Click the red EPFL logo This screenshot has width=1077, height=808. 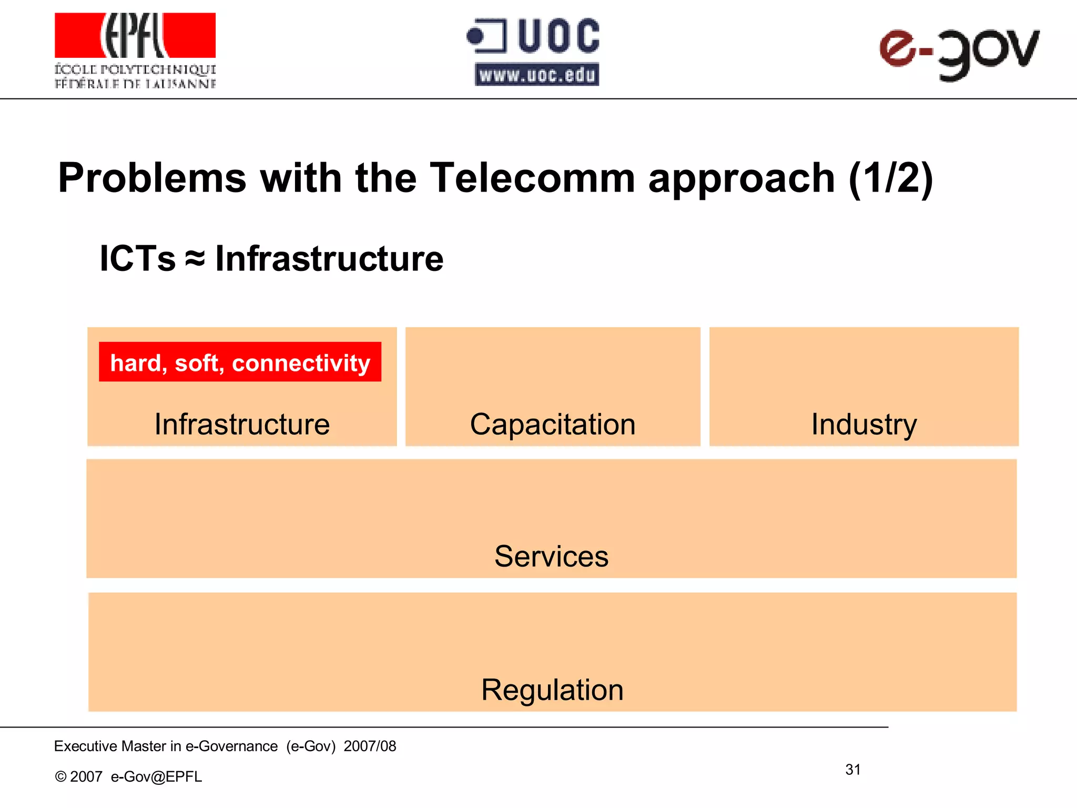click(135, 35)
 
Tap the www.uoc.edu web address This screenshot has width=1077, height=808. click(537, 75)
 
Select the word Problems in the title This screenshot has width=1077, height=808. click(152, 178)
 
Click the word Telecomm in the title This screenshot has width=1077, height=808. click(532, 178)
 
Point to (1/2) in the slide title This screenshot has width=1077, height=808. click(891, 178)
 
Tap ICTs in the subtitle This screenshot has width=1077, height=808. click(137, 259)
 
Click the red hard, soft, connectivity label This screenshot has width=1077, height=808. click(240, 362)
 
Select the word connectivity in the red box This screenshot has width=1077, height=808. click(301, 363)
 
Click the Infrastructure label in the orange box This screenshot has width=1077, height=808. click(242, 424)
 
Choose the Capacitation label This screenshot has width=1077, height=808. click(553, 424)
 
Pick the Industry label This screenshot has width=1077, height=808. click(864, 424)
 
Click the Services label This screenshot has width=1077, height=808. click(551, 556)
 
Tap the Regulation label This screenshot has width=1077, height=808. click(552, 690)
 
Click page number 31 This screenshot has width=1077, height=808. click(852, 770)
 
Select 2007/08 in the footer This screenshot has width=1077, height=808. click(370, 746)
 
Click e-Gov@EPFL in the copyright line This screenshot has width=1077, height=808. click(156, 776)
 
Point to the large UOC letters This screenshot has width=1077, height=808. click(558, 36)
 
